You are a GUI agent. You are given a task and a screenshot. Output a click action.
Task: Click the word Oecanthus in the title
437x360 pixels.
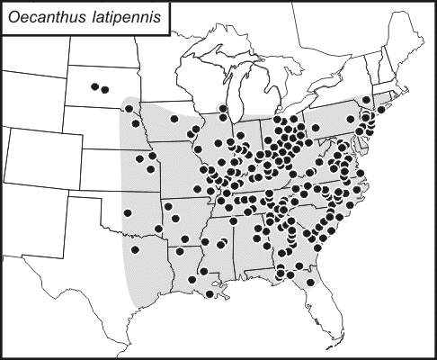pos(45,19)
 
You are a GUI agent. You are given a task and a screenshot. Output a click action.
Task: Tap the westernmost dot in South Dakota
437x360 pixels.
pos(94,85)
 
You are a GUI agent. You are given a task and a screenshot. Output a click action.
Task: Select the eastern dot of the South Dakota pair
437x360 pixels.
pos(107,89)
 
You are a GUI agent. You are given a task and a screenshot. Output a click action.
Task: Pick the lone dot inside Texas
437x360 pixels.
pos(135,249)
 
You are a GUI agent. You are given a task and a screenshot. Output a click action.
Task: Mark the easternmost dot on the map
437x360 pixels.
pos(383,108)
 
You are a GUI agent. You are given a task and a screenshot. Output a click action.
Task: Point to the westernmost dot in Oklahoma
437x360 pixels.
pos(127,213)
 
